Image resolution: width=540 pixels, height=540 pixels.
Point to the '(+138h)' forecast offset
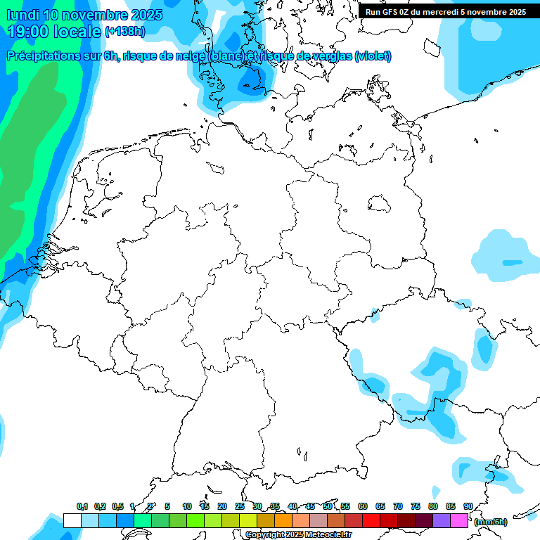(125, 32)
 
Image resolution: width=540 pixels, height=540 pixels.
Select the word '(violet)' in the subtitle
(373, 56)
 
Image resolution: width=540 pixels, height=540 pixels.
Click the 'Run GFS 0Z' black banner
(446, 11)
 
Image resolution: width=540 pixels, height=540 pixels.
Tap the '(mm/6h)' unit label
(491, 522)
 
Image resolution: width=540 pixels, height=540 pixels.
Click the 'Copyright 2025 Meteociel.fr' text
(298, 535)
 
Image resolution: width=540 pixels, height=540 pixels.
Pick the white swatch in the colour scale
(72, 520)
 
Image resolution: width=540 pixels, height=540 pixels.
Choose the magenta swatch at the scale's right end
(459, 520)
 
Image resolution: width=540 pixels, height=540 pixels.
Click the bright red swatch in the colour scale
(371, 520)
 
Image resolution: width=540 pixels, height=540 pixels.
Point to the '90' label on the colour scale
(468, 506)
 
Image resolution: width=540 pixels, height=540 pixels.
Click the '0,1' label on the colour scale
(82, 506)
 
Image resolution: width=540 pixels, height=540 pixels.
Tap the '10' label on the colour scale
(186, 506)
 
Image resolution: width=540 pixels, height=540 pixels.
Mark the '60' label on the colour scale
(362, 506)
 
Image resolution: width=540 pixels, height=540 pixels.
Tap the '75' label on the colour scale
(415, 506)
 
